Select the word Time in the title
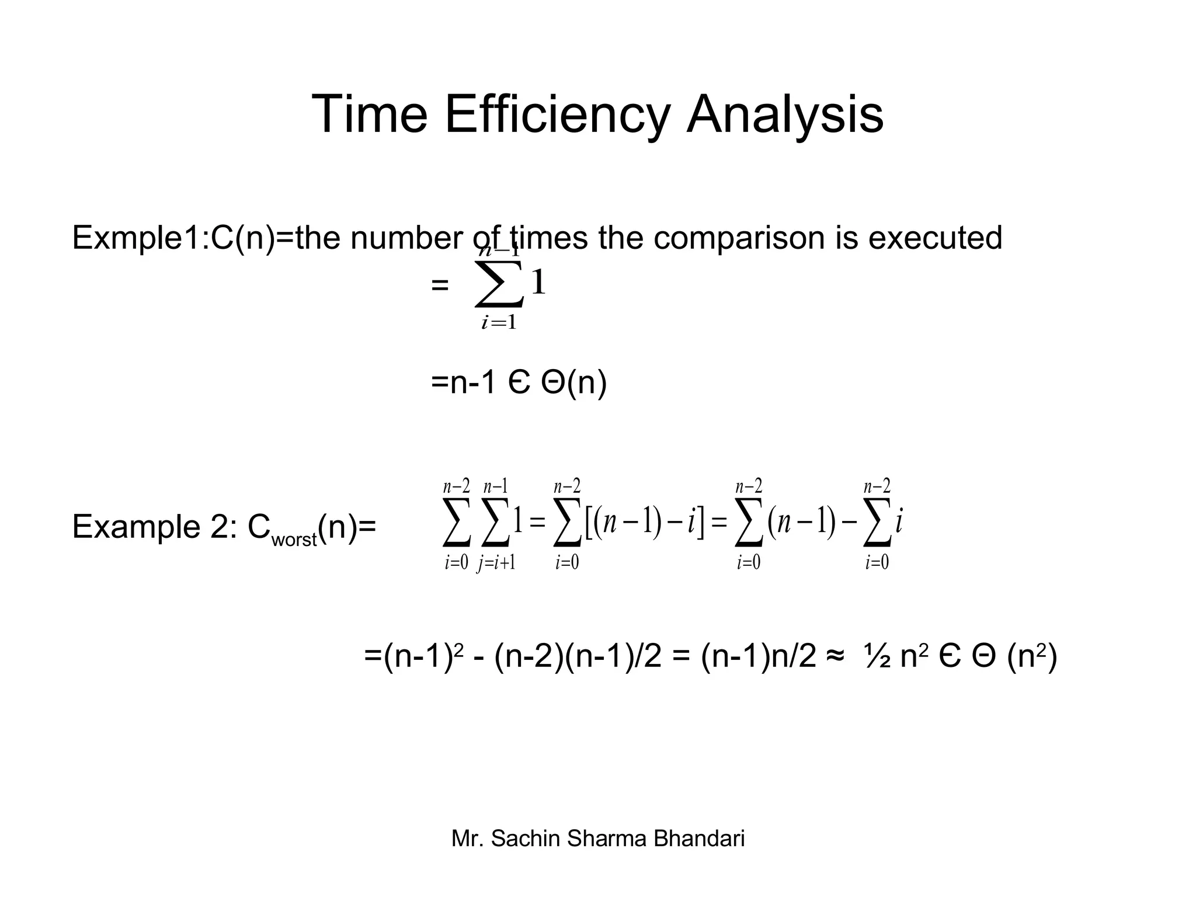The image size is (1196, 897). click(x=370, y=114)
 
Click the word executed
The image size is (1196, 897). click(x=935, y=238)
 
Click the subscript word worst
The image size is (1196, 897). click(x=294, y=539)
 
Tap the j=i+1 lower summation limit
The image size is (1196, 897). click(x=496, y=562)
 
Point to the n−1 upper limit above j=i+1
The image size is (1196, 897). click(x=495, y=486)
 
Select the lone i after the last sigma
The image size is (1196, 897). click(x=899, y=521)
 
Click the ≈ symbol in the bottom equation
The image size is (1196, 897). click(x=835, y=657)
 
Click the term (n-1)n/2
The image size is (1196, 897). click(x=758, y=657)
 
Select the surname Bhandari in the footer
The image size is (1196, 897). click(x=699, y=839)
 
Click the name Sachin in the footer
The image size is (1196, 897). click(x=526, y=839)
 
